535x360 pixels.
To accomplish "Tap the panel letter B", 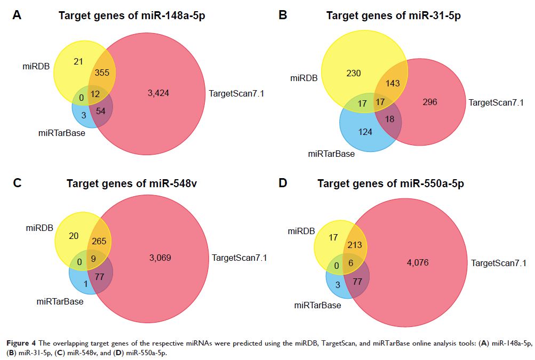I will tap(283, 15).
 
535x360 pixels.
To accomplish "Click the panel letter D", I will tap(283, 183).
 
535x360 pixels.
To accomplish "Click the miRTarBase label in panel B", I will tap(331, 154).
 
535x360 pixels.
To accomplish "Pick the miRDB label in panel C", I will tap(39, 228).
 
